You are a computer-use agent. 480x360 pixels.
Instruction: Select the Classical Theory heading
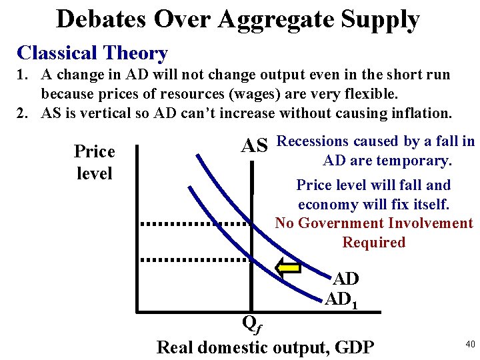[92, 53]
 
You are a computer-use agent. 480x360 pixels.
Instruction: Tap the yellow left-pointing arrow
[289, 268]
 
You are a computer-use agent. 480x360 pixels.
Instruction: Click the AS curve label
[254, 145]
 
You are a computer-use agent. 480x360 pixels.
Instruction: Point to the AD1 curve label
[342, 300]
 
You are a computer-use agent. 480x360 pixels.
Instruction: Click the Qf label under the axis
[251, 323]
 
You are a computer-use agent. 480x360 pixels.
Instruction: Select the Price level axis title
[95, 162]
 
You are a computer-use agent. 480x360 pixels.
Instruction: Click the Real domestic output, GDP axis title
[265, 347]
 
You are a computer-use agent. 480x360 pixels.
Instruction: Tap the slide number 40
[470, 344]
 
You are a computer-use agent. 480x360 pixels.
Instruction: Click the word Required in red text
[373, 242]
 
